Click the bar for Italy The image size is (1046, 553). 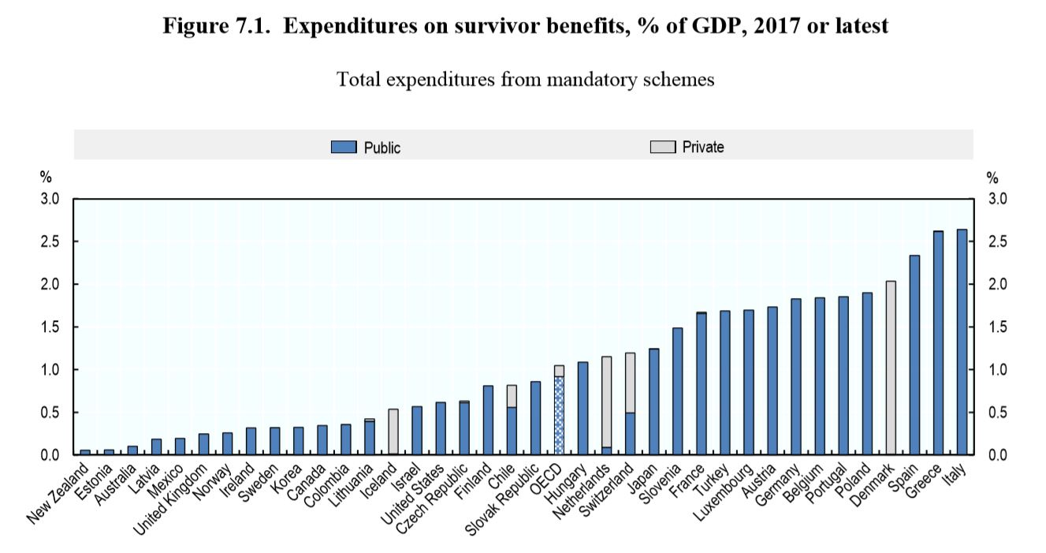962,342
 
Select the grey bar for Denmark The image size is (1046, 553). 891,368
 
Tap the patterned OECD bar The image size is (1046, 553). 559,415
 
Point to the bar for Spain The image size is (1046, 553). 914,355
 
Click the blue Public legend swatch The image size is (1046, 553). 344,147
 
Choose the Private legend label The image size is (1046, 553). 703,147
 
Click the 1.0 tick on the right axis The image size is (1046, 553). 996,370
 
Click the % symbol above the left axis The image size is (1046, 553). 45,178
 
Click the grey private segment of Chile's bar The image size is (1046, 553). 512,395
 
